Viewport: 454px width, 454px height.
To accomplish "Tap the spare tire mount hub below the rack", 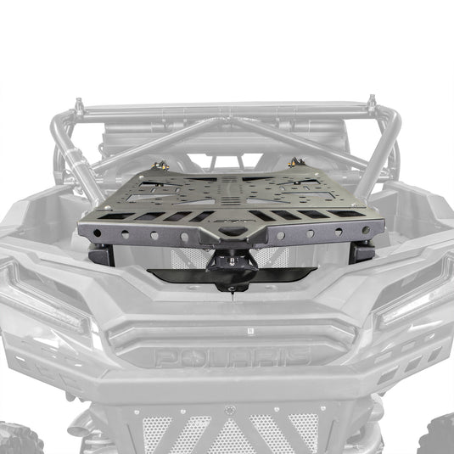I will (232, 266).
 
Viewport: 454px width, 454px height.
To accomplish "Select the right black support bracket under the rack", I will (363, 250).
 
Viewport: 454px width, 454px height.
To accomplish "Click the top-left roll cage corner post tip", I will (79, 105).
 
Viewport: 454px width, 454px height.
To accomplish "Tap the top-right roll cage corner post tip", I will (371, 103).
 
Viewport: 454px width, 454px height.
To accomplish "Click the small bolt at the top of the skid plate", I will (227, 409).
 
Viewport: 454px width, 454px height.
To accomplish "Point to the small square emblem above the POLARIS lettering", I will (227, 327).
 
